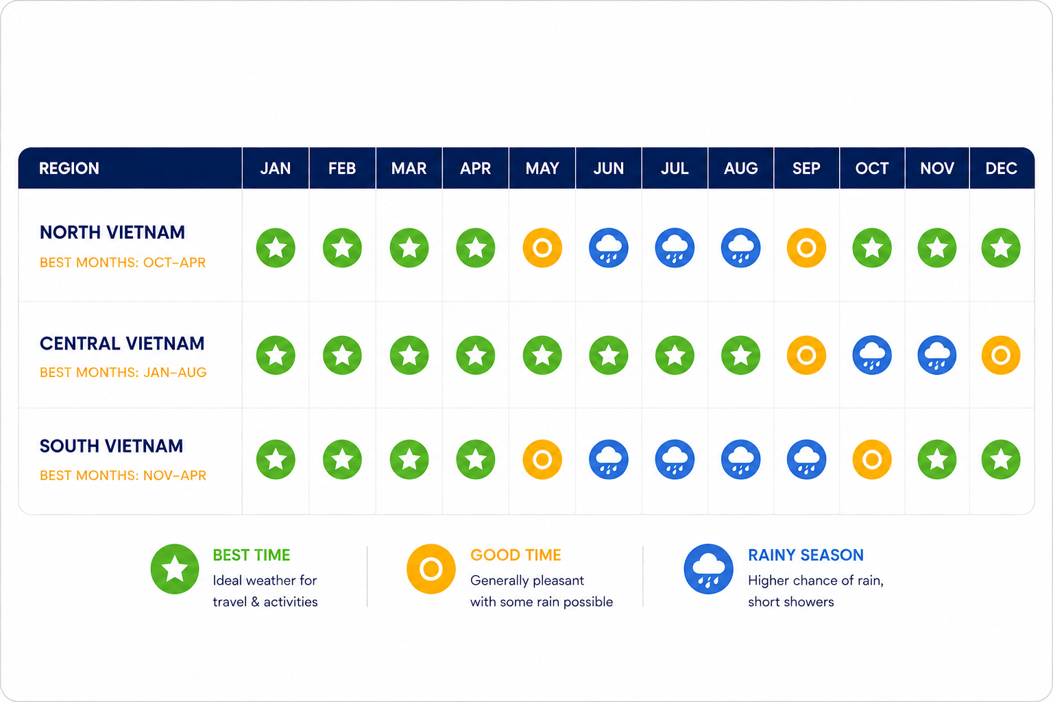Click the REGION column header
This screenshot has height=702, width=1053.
pos(69,169)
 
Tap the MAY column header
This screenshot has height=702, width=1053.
pos(542,169)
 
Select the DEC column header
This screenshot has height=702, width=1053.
pos(1001,169)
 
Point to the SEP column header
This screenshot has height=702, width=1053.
pos(806,169)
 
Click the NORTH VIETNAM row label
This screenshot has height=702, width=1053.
pos(112,232)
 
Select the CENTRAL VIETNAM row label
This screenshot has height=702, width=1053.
pos(122,343)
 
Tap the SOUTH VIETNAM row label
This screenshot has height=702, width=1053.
pos(112,446)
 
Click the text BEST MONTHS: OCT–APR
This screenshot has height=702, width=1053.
pos(123,263)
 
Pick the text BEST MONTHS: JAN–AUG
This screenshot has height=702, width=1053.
pos(123,372)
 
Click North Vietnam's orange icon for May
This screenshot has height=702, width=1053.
pos(542,247)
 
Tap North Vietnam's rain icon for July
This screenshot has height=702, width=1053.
pos(675,247)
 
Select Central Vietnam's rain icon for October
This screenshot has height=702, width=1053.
pos(872,355)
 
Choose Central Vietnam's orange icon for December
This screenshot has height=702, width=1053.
pos(1001,355)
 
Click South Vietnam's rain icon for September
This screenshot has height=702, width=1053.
pos(806,459)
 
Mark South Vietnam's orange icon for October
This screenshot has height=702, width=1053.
pos(872,459)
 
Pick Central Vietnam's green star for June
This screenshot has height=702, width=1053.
pos(608,355)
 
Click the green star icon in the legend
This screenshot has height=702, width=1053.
pos(175,569)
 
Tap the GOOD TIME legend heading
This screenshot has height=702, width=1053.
pos(516,555)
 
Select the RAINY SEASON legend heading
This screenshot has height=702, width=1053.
pos(806,555)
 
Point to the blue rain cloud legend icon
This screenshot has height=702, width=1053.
pos(708,569)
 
